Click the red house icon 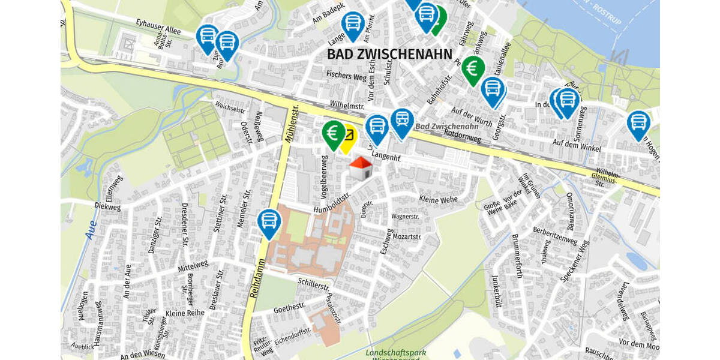[361, 168]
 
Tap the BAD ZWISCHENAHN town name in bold [389, 54]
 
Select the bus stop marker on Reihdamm [269, 222]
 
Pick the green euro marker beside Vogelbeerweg [333, 133]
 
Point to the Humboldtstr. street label [332, 203]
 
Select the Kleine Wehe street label [438, 199]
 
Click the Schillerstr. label [314, 282]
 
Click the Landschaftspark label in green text [396, 352]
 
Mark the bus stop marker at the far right [638, 124]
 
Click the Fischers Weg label [346, 76]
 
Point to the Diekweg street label [108, 204]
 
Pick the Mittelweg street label [193, 267]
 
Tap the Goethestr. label [290, 308]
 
